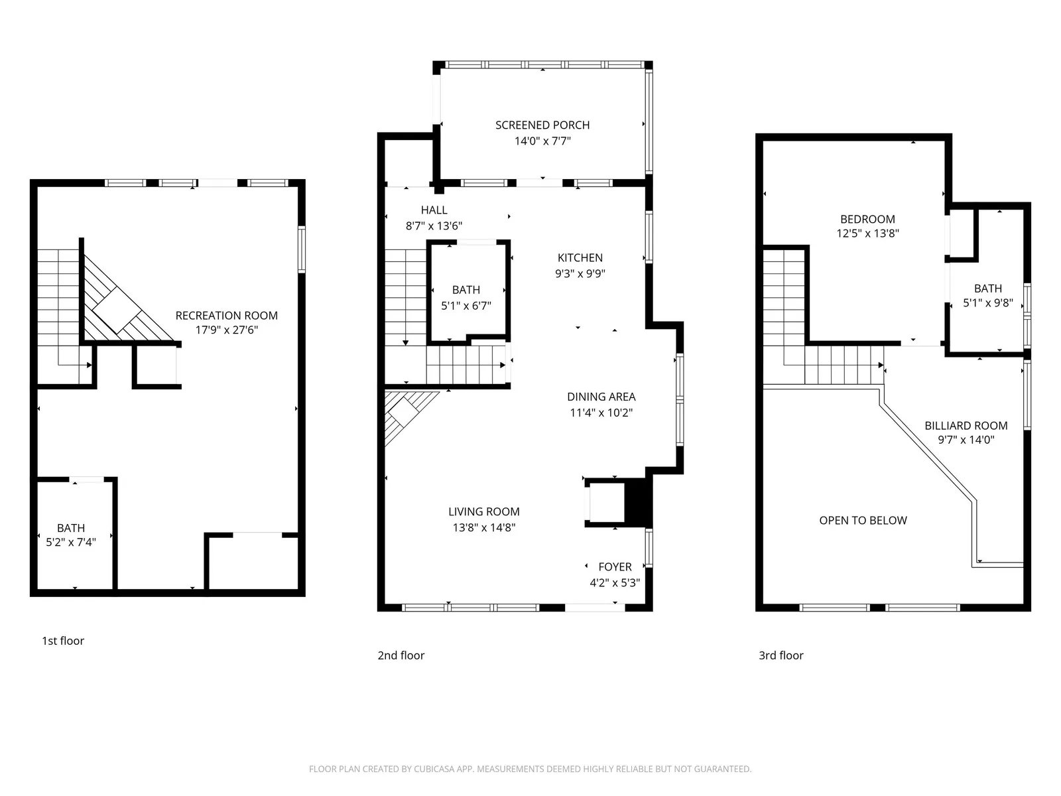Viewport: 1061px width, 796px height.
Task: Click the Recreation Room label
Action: [226, 316]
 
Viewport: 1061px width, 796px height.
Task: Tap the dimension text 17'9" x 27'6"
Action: [226, 330]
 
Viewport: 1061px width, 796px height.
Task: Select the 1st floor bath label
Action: [71, 528]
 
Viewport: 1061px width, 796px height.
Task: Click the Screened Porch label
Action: [542, 125]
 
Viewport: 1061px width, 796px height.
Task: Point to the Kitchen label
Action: [580, 258]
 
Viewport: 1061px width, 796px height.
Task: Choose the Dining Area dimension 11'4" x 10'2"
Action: [601, 413]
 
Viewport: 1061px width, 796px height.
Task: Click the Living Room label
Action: [483, 511]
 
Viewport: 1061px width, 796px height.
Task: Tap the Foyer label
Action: [615, 567]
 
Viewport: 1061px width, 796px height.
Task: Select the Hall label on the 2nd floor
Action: [434, 210]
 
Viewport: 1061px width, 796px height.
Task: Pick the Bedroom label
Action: [867, 219]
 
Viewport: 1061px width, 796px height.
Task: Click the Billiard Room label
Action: [966, 426]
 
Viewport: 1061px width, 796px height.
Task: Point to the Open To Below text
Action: [863, 521]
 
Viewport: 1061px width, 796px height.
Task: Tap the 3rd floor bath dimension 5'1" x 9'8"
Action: [987, 303]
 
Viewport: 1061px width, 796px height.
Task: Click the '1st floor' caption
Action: [63, 641]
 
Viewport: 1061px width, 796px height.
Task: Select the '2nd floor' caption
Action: [401, 655]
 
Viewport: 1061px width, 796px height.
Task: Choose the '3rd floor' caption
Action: [780, 655]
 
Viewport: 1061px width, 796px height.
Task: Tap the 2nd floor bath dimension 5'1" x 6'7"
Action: [466, 306]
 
